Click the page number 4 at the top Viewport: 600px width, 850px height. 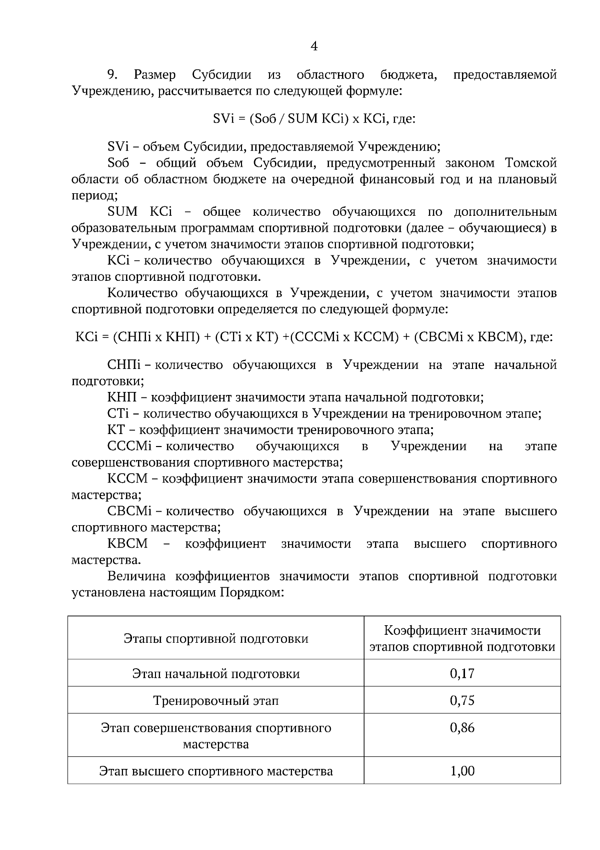(x=314, y=47)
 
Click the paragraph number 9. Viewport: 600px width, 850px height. (x=112, y=75)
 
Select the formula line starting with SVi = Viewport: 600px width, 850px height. (x=314, y=119)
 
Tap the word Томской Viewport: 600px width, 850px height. (x=531, y=163)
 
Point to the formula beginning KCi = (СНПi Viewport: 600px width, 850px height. (x=314, y=337)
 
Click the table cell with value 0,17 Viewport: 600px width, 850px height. (x=462, y=673)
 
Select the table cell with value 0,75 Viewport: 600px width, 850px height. (x=462, y=700)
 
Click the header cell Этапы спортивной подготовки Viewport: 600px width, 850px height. (x=216, y=639)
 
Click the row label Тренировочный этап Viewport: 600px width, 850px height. (x=216, y=700)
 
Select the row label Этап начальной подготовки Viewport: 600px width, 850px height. (x=216, y=673)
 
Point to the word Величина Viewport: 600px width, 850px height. (x=138, y=576)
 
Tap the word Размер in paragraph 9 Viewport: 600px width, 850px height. (x=155, y=75)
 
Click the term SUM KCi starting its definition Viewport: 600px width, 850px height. (x=139, y=212)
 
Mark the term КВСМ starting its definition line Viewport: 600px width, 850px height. (x=127, y=544)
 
